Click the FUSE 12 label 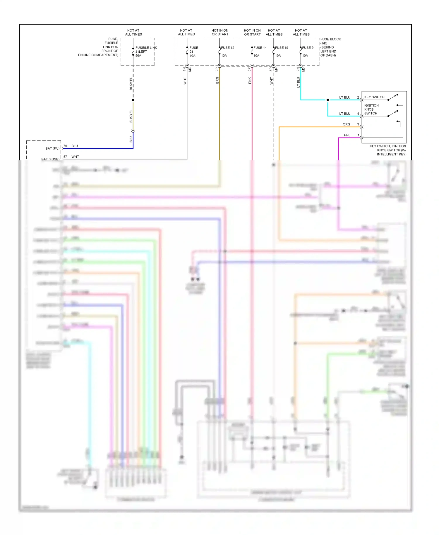[x=227, y=48]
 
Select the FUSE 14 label [x=260, y=48]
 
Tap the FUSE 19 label [x=282, y=48]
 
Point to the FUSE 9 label [x=308, y=48]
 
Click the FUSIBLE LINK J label [x=146, y=49]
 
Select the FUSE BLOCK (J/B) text [x=330, y=41]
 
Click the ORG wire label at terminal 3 [x=346, y=124]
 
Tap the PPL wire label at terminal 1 [x=347, y=135]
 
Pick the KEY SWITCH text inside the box [x=374, y=97]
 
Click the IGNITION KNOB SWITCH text [x=371, y=109]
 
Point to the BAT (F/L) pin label [x=52, y=148]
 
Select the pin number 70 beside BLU [x=65, y=146]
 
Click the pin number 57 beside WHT [x=65, y=157]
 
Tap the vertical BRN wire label [x=217, y=80]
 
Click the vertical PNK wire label [x=250, y=80]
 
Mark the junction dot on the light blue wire [x=327, y=100]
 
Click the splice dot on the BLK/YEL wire [x=133, y=100]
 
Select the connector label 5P [x=249, y=69]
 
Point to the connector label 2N [x=298, y=69]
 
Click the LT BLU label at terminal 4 [x=344, y=114]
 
